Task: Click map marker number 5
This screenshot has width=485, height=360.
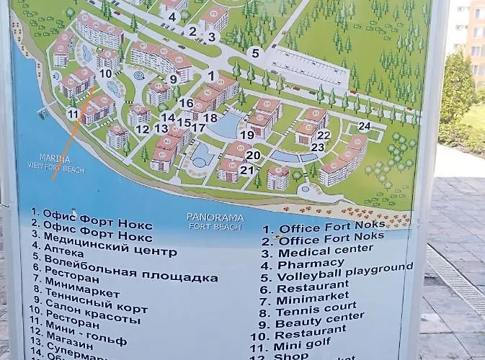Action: coord(254,52)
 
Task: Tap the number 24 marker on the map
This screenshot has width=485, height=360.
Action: coord(364,126)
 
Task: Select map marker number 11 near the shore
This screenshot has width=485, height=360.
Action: coord(73,114)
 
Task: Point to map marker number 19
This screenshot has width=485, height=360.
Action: coord(247,135)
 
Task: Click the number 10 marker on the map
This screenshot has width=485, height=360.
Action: coord(105,73)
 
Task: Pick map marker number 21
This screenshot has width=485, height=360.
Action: coord(247,170)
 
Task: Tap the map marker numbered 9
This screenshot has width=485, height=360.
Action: coord(173,79)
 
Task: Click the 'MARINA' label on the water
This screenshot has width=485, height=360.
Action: coord(55,158)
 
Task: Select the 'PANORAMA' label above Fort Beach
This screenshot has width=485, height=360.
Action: coord(215,217)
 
